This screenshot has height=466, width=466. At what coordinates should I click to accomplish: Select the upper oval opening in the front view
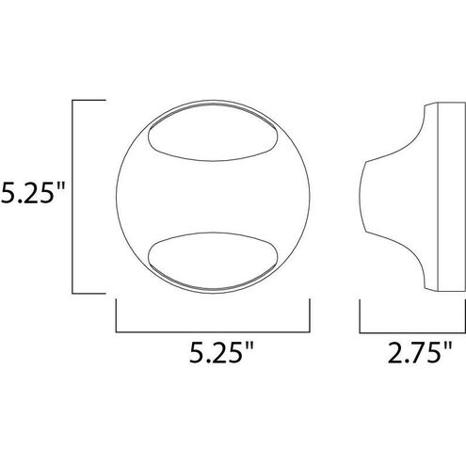click(x=211, y=132)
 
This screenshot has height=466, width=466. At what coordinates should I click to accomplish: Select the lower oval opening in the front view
click(x=211, y=256)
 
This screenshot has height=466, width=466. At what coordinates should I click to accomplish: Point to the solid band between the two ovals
click(x=211, y=194)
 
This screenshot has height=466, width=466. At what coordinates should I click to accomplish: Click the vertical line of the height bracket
click(x=74, y=194)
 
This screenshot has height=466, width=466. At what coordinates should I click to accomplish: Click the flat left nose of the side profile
click(x=362, y=194)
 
